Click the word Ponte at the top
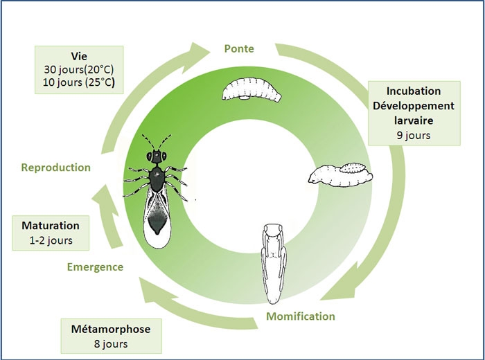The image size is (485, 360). (x=240, y=49)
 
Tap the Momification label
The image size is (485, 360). (x=300, y=316)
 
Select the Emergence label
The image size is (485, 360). (x=96, y=267)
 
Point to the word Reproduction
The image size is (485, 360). (x=56, y=168)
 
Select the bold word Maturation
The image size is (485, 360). (x=50, y=226)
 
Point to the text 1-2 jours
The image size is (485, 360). (x=50, y=241)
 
